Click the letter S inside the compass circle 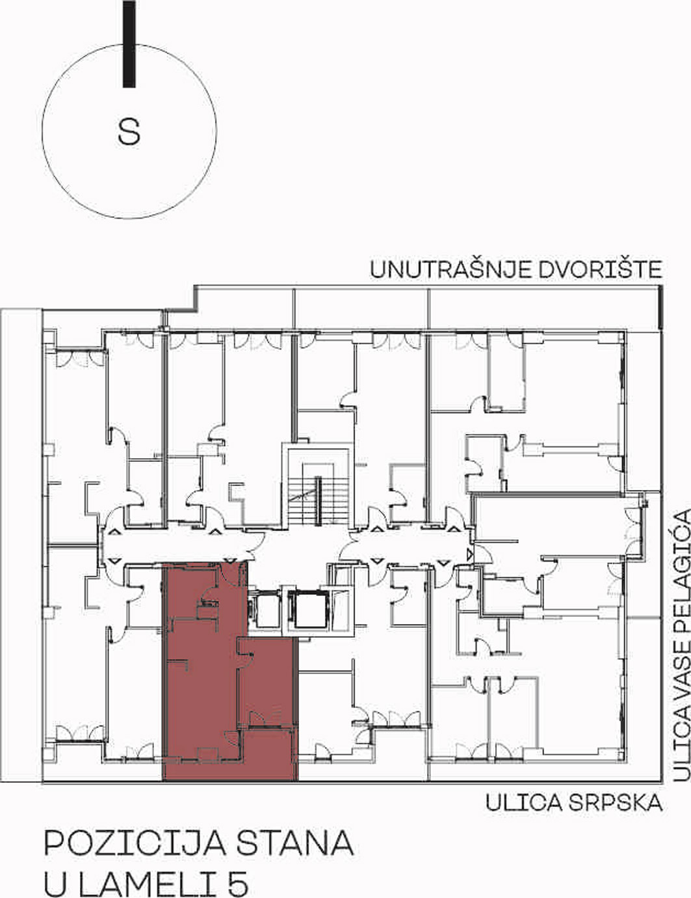[129, 131]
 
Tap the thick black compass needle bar [129, 44]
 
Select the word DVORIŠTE [599, 270]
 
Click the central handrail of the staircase [319, 501]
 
